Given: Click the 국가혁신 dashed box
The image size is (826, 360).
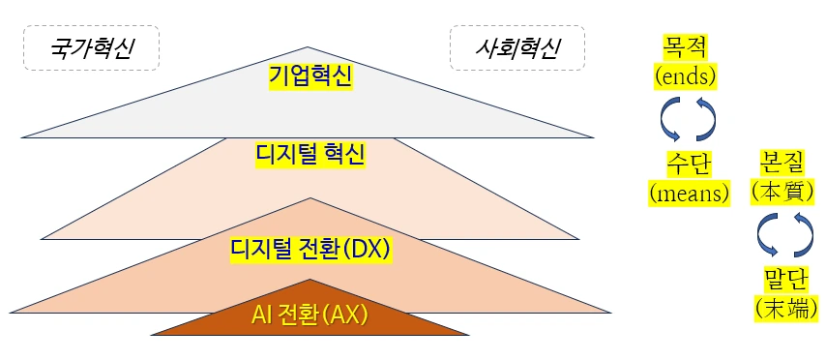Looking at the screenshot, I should click(91, 48).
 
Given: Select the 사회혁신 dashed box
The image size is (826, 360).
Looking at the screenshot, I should click(517, 47).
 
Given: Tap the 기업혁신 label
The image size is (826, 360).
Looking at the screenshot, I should click(310, 75).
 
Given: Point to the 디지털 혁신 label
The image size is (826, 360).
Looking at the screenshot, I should click(310, 153).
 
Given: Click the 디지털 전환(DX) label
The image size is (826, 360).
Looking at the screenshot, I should click(310, 249).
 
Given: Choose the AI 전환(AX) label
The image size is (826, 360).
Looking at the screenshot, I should click(310, 315).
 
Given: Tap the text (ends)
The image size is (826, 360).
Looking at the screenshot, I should click(688, 75).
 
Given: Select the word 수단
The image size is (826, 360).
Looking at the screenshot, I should click(688, 163).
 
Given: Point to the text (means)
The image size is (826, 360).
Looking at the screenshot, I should click(688, 193).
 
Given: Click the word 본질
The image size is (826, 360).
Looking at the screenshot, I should click(784, 162).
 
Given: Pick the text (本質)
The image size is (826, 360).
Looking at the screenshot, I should click(784, 192).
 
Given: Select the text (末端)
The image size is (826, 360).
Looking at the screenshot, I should click(784, 309).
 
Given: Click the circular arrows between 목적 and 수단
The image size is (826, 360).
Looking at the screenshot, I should click(688, 119).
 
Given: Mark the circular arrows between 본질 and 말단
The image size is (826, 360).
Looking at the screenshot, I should click(784, 235).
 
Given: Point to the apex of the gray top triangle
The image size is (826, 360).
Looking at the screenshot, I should click(310, 45).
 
